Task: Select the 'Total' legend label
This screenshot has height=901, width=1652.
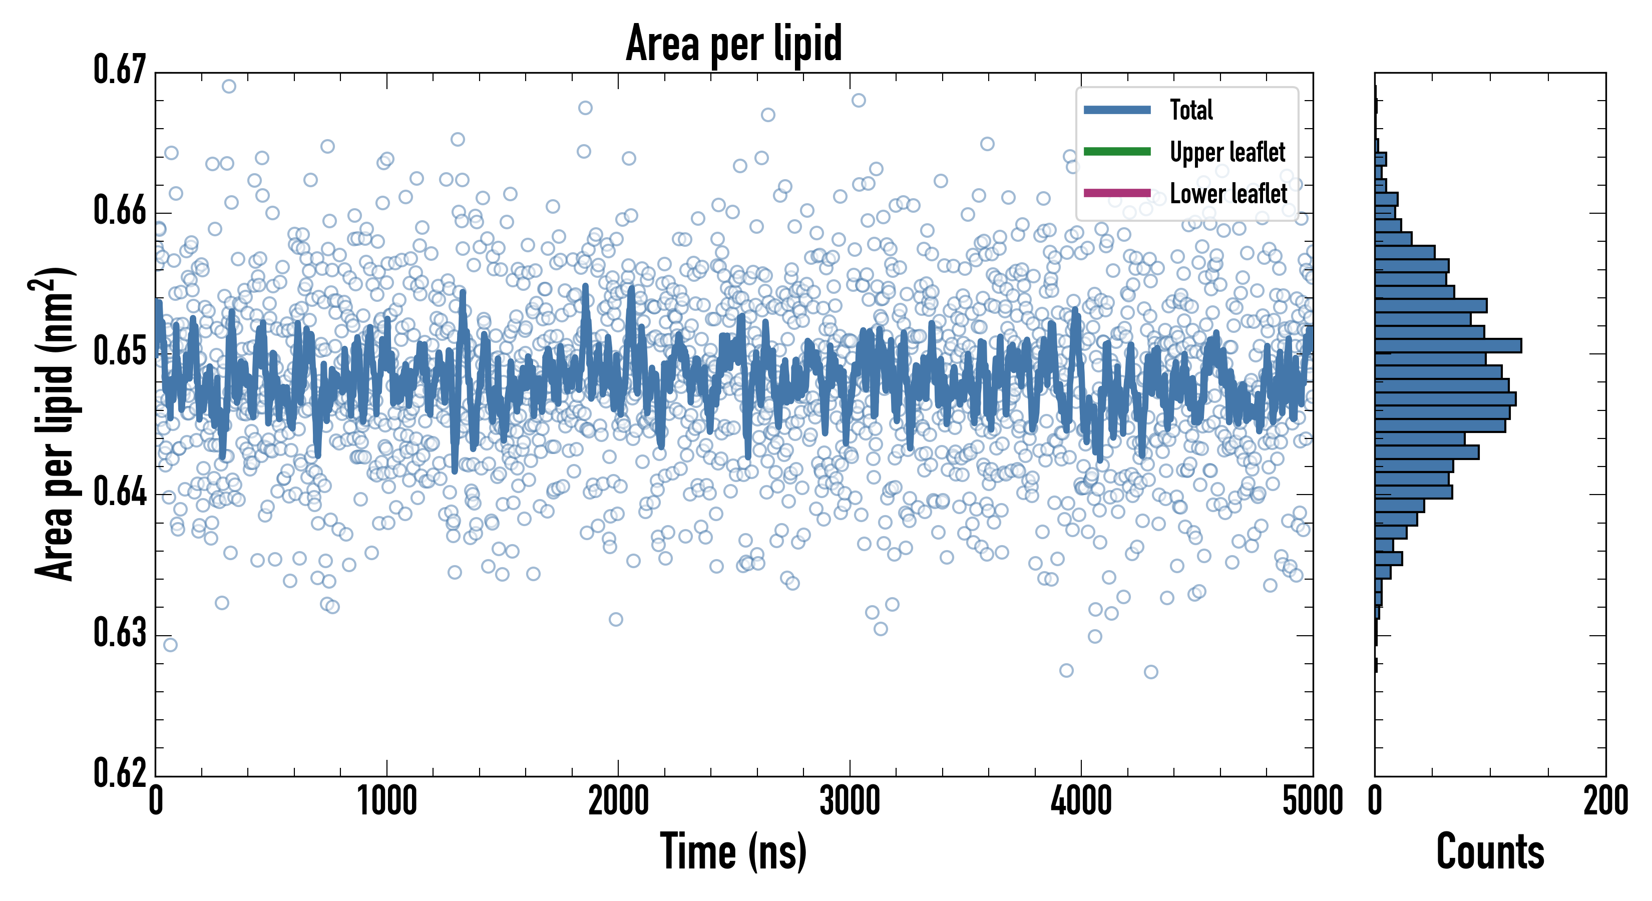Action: (x=1191, y=110)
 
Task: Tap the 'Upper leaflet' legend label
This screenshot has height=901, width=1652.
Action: (x=1227, y=152)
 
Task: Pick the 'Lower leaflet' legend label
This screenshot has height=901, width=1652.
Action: (x=1228, y=193)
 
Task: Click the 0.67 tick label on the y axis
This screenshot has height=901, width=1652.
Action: (x=120, y=70)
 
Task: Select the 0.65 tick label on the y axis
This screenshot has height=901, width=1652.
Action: (x=120, y=351)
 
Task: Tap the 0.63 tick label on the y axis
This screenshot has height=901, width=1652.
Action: (x=120, y=633)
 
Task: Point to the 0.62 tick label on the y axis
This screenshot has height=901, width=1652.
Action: (x=120, y=773)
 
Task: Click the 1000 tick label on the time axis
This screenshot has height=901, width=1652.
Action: (x=386, y=801)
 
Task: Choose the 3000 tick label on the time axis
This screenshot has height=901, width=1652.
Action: (x=850, y=801)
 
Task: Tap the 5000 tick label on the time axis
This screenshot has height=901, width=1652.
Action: (x=1312, y=801)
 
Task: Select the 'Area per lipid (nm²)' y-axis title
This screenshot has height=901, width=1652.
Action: (x=55, y=424)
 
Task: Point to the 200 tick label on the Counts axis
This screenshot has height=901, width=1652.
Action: (x=1605, y=801)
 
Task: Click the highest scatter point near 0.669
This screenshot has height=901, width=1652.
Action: (x=229, y=87)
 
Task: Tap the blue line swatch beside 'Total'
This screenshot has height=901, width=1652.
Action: (x=1117, y=110)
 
